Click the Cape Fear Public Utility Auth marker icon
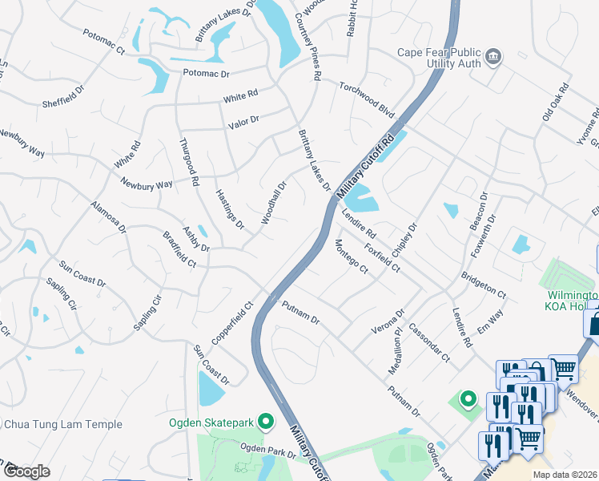[x=495, y=55]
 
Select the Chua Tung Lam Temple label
[x=63, y=424]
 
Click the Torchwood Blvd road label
[x=367, y=97]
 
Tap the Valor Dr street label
[x=243, y=120]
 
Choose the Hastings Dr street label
[x=230, y=209]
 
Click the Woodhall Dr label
[x=273, y=201]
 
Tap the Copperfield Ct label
[x=232, y=323]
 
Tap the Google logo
[x=27, y=471]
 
